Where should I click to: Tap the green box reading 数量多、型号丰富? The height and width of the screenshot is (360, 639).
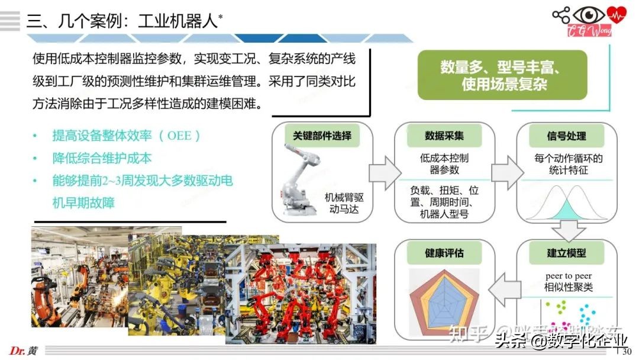pyautogui.click(x=502, y=75)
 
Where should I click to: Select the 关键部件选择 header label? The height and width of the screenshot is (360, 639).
pyautogui.click(x=322, y=136)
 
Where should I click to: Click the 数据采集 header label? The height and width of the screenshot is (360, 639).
pyautogui.click(x=444, y=136)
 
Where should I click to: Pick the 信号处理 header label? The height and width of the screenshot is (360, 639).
pyautogui.click(x=567, y=136)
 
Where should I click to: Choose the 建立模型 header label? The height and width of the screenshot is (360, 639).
pyautogui.click(x=567, y=253)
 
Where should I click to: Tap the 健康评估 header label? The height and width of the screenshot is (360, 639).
pyautogui.click(x=444, y=253)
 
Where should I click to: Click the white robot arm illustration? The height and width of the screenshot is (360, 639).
pyautogui.click(x=301, y=178)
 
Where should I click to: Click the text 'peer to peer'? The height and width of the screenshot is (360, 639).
pyautogui.click(x=568, y=276)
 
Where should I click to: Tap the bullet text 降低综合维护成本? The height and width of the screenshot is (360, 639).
pyautogui.click(x=102, y=158)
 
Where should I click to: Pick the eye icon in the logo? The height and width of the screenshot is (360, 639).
pyautogui.click(x=589, y=15)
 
